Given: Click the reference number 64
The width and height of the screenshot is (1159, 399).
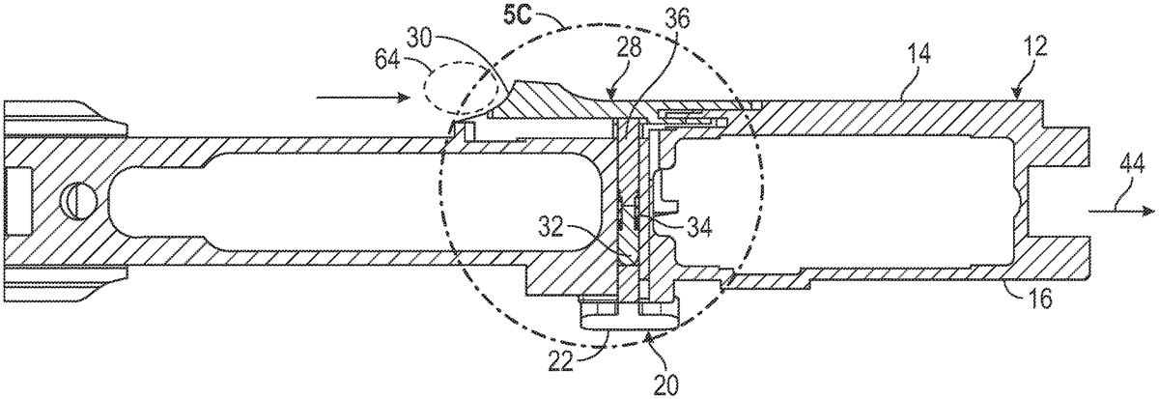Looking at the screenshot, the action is click(x=387, y=62).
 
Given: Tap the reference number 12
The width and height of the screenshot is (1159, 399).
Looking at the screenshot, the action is click(x=1033, y=47).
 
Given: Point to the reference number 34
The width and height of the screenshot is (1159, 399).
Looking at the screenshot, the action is click(x=698, y=227).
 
